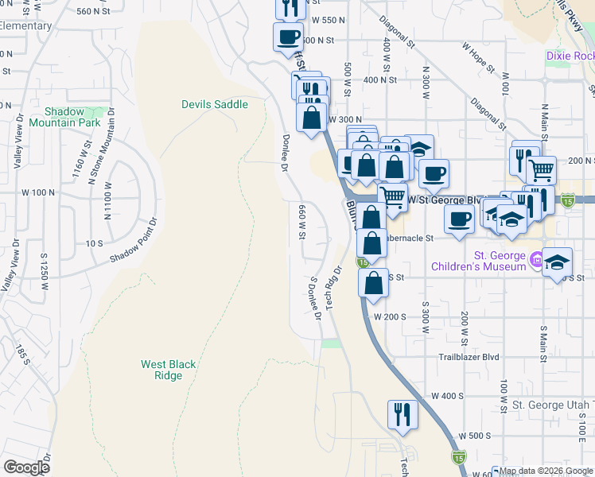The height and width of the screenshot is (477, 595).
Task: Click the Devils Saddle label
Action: [x=214, y=104]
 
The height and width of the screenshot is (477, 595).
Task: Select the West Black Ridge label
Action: [x=168, y=370]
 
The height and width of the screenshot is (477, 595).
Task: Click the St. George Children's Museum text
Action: [x=499, y=261]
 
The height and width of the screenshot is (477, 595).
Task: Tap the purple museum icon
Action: [x=538, y=259]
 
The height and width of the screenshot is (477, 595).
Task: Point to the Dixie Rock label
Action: [x=570, y=56]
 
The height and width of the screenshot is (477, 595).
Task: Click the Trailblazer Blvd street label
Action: [x=469, y=357]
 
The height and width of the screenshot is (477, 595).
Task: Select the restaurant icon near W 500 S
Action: [x=402, y=414]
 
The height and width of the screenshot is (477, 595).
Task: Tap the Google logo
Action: [x=26, y=467]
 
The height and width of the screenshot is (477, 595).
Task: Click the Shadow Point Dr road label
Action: [x=134, y=239]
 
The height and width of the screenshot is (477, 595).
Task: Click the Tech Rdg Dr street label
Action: [x=333, y=286]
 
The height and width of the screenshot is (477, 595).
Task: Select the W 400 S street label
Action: [x=447, y=395]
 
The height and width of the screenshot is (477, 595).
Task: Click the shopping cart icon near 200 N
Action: [x=542, y=169]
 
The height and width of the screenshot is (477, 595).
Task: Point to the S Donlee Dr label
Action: [x=315, y=297]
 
